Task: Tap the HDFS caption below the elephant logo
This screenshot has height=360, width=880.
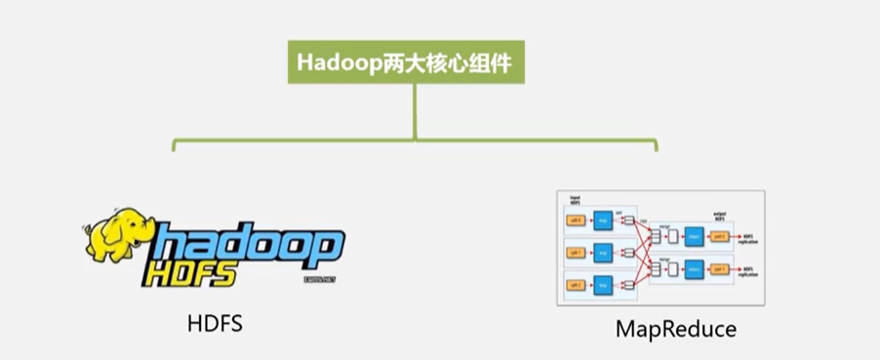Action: pyautogui.click(x=214, y=323)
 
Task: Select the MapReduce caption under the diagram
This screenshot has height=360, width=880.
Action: pyautogui.click(x=676, y=330)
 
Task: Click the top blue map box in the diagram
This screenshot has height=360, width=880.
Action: pyautogui.click(x=604, y=220)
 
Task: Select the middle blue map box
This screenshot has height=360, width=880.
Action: pyautogui.click(x=604, y=251)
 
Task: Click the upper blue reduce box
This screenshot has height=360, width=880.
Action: pyautogui.click(x=692, y=237)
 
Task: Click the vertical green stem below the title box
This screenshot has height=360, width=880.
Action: pyautogui.click(x=415, y=109)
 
